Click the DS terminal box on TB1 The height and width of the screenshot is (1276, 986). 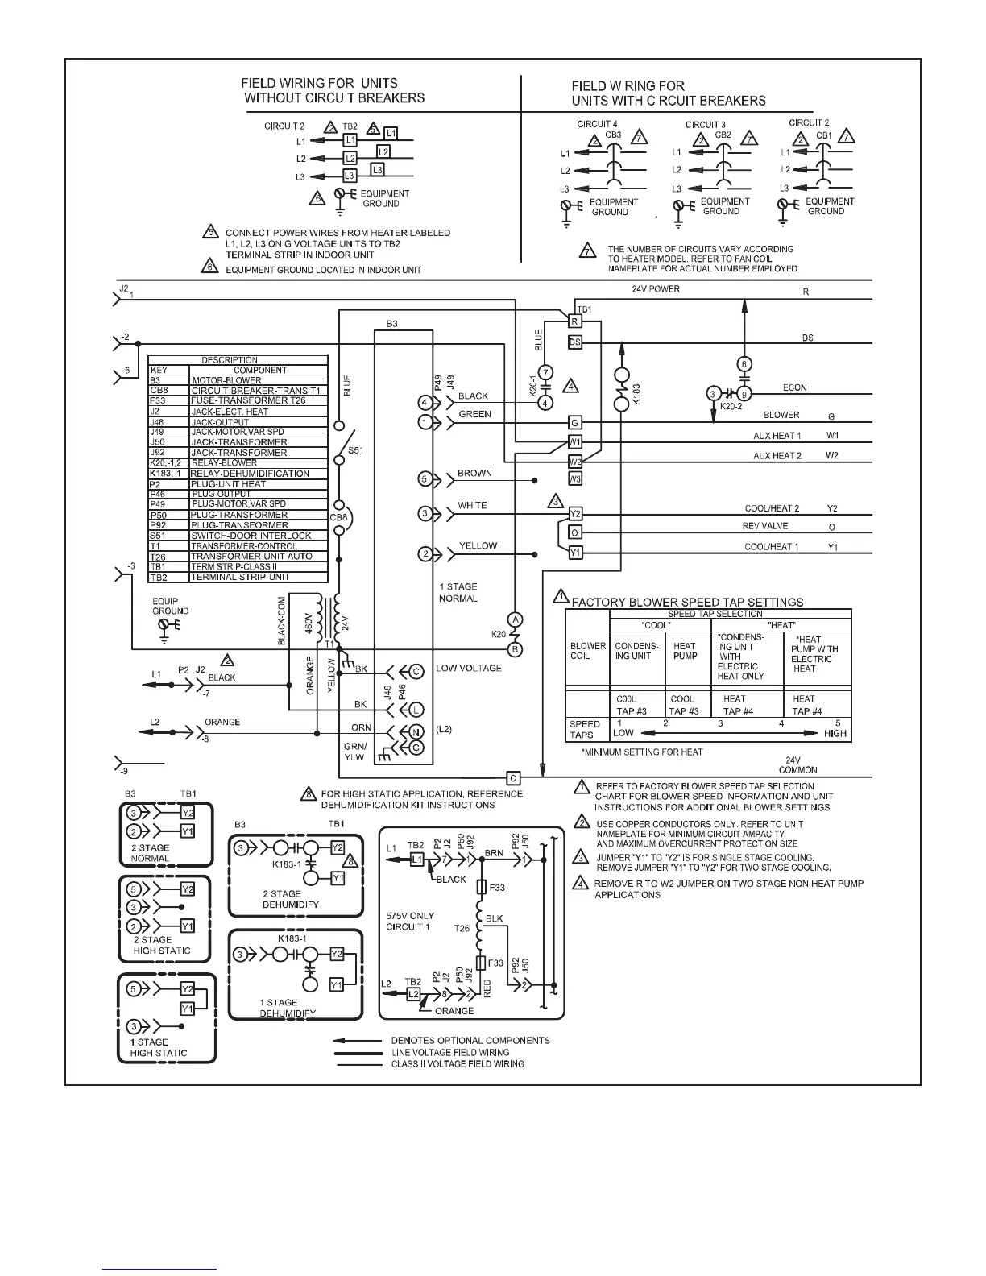574,342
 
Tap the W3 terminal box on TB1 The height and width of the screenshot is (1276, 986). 574,478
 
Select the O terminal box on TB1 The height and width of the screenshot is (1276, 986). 574,532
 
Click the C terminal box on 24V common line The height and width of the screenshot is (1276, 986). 513,777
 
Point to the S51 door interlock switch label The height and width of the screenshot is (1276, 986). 355,450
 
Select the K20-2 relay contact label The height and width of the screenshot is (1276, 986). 731,407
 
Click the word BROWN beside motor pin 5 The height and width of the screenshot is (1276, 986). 474,474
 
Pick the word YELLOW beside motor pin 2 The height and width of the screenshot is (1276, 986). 478,545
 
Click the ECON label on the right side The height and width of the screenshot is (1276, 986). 794,387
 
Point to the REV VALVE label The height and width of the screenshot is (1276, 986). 765,526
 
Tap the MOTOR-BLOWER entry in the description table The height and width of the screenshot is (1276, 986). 226,380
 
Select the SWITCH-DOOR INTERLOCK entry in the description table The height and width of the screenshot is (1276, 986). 251,536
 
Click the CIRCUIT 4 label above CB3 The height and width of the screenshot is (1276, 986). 597,124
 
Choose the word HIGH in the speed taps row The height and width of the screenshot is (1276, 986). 835,733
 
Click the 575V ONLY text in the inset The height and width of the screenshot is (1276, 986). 410,916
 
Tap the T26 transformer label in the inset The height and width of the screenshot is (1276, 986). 462,928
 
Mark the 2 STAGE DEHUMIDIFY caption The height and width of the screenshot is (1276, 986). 291,899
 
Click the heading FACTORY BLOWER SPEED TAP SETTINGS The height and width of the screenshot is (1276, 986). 687,602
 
